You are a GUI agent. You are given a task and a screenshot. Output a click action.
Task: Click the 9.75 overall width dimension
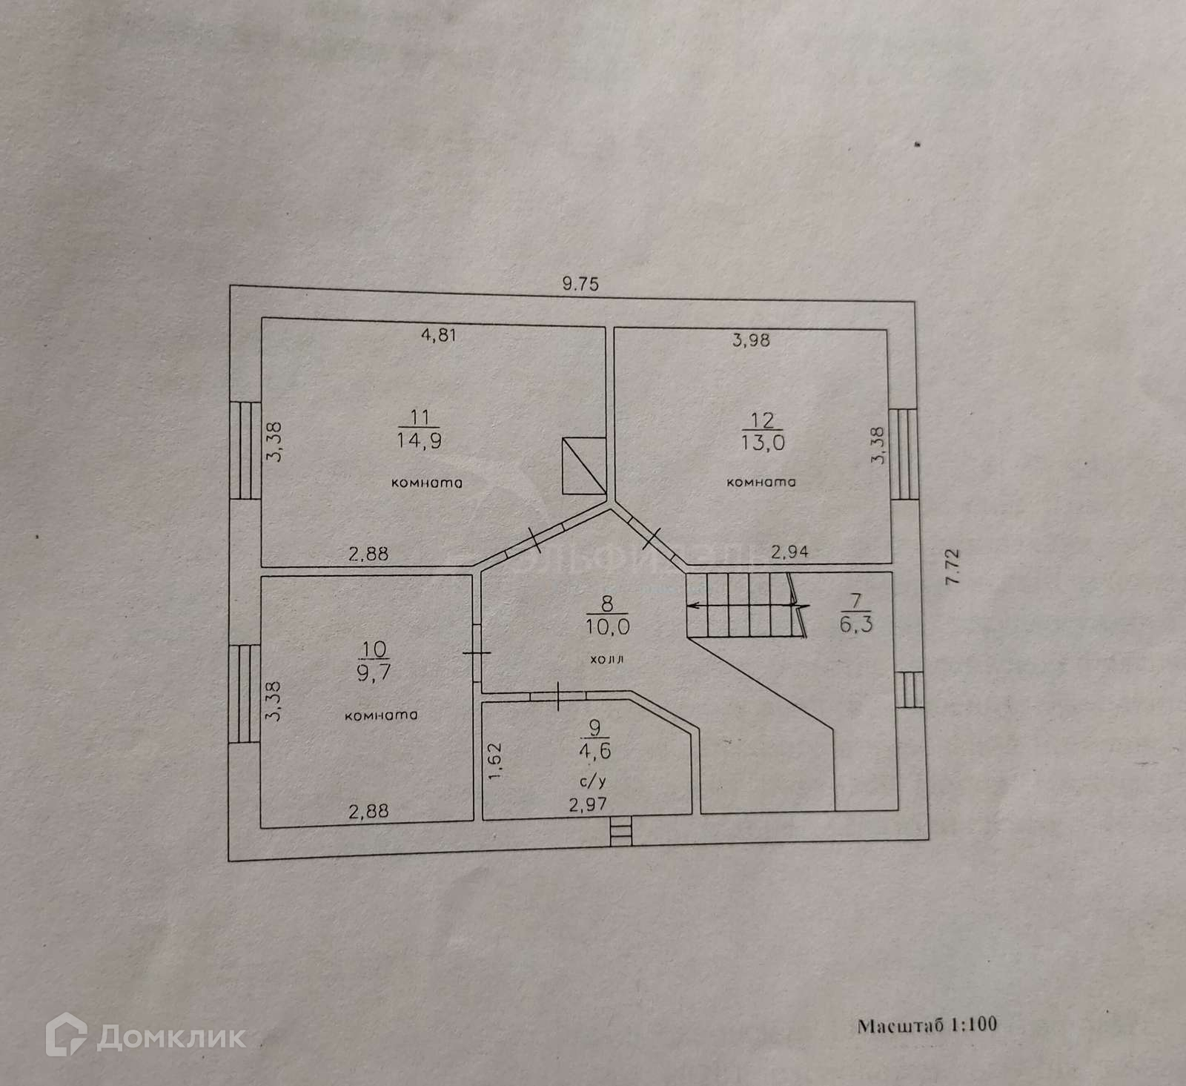coord(580,283)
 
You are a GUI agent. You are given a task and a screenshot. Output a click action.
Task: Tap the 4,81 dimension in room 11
coord(438,334)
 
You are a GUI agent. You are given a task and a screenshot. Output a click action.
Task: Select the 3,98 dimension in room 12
coord(751,340)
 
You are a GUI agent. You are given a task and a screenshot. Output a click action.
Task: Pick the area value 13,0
coord(763,443)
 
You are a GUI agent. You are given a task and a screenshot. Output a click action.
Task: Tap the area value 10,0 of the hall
coord(607,627)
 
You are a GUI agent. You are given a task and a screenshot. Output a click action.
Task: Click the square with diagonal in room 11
coord(584,466)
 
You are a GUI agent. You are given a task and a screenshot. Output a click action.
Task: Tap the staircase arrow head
coord(692,606)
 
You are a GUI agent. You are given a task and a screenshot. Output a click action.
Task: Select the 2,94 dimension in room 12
coord(789,551)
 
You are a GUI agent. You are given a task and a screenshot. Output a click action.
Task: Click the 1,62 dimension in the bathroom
coord(496,761)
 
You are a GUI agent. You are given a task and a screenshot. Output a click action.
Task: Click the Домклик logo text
coord(170,1037)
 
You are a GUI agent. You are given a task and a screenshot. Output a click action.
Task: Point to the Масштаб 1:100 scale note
coord(927,1025)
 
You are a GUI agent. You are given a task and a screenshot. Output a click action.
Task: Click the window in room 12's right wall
coord(903,454)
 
